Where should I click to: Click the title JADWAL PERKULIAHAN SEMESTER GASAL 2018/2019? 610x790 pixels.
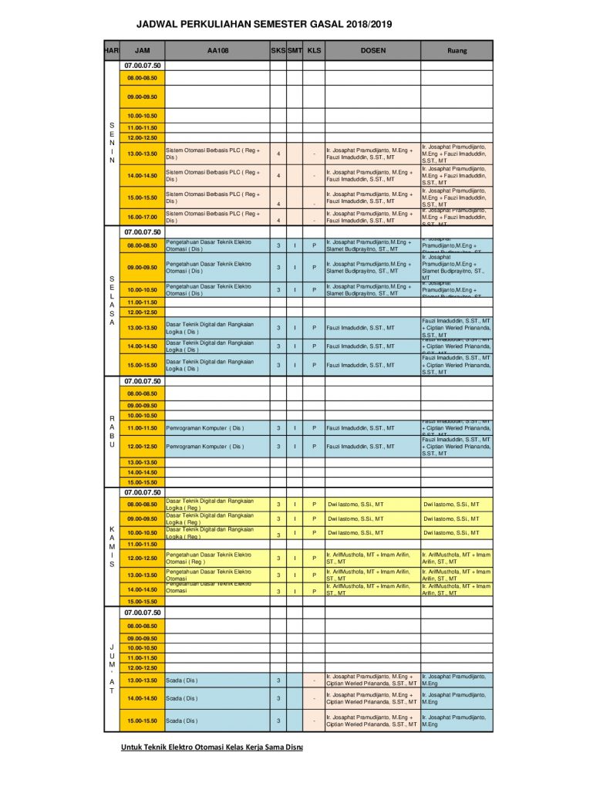click(x=264, y=25)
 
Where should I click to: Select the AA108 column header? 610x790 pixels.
click(x=217, y=51)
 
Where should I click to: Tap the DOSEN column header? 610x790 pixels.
click(x=372, y=51)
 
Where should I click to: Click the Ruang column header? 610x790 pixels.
click(x=457, y=51)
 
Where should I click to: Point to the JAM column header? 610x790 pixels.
click(x=142, y=51)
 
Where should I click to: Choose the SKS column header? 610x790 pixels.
click(x=278, y=51)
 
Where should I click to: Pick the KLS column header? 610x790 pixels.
click(x=313, y=51)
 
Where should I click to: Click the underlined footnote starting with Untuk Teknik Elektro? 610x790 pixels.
click(x=211, y=747)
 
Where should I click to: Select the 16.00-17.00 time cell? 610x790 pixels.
click(x=142, y=217)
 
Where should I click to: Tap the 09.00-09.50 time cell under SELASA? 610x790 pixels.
click(x=142, y=268)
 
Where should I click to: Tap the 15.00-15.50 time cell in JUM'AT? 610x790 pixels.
click(x=142, y=721)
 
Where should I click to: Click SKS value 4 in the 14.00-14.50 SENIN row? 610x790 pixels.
click(x=278, y=176)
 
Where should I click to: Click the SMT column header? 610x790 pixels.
click(x=295, y=51)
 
